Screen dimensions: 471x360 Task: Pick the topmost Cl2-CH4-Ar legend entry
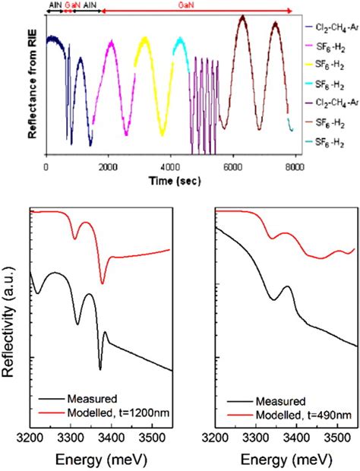coord(332,29)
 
